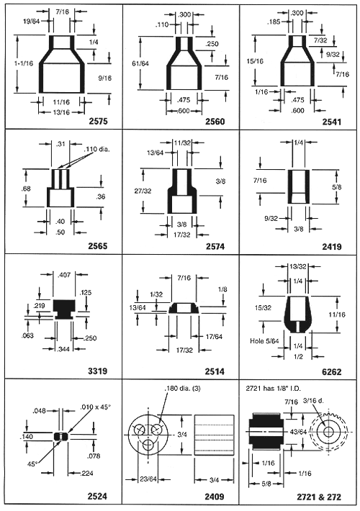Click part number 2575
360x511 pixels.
[98, 121]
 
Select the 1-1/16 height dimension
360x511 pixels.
[24, 63]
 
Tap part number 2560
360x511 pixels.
[215, 121]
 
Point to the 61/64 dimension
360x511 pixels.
[140, 63]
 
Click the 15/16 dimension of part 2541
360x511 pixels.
[255, 61]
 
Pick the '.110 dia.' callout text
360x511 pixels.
[97, 150]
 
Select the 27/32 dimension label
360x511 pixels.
[143, 191]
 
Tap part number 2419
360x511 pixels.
[332, 246]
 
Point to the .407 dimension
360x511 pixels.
[64, 275]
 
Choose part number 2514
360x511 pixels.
[215, 371]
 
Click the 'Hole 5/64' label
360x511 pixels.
[264, 341]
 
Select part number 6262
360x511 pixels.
[332, 371]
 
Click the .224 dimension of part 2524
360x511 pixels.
[86, 473]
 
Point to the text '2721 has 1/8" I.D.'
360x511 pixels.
[273, 388]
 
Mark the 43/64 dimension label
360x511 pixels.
[298, 432]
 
